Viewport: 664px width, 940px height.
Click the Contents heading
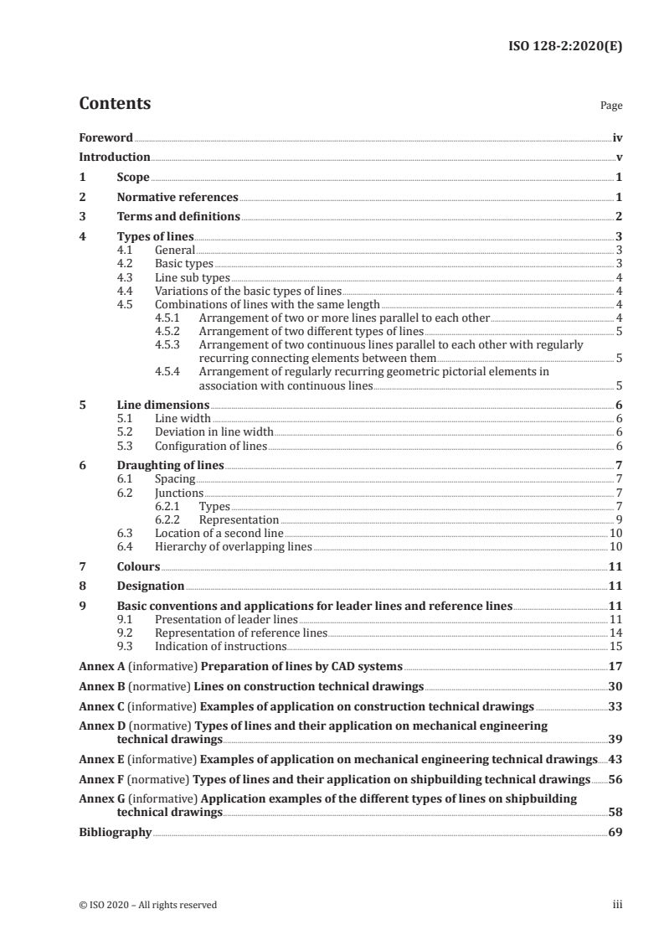point(115,104)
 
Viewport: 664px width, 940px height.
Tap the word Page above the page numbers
point(611,106)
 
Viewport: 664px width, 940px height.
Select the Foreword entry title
point(106,137)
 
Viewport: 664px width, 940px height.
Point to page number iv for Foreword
point(617,137)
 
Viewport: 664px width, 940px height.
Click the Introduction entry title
point(115,157)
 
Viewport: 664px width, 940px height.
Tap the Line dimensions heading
point(163,405)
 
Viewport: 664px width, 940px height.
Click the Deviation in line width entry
point(214,432)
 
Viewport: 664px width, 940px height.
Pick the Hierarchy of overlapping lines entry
point(233,546)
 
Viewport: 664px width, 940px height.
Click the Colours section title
point(138,566)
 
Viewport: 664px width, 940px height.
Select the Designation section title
point(151,586)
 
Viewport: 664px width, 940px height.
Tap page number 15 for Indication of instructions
point(616,647)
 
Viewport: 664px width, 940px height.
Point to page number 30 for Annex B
point(615,687)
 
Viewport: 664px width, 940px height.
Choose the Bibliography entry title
point(115,833)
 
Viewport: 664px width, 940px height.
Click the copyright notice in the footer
point(147,905)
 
